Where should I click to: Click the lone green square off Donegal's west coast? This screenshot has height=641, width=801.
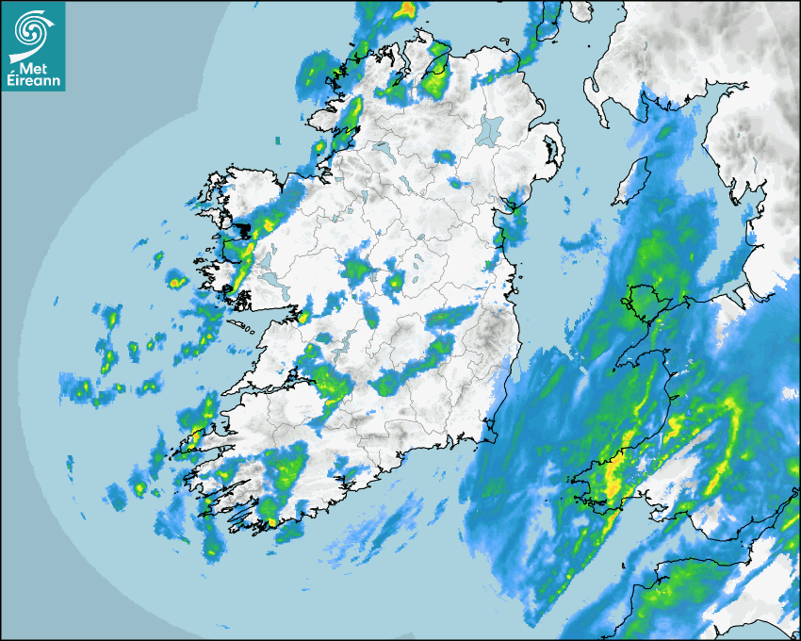pos(278,141)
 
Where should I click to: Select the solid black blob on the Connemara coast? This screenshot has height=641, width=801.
pos(243,229)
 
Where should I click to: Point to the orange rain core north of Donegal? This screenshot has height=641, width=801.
pos(406,9)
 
